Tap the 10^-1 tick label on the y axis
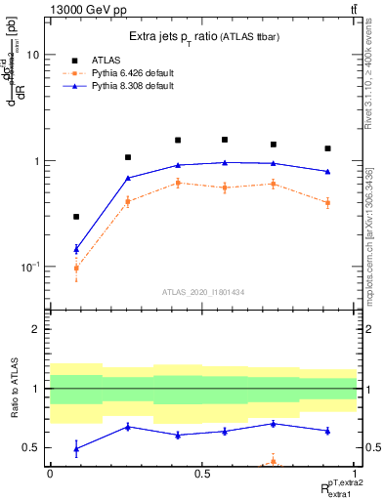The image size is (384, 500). (28, 267)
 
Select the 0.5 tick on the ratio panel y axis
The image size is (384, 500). (32, 447)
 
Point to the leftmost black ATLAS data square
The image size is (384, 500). (76, 217)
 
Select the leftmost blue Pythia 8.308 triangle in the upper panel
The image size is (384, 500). (76, 249)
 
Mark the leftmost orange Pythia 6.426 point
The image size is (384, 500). (76, 268)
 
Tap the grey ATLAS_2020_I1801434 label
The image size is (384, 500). (203, 290)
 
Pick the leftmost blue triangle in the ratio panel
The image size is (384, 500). (76, 448)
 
